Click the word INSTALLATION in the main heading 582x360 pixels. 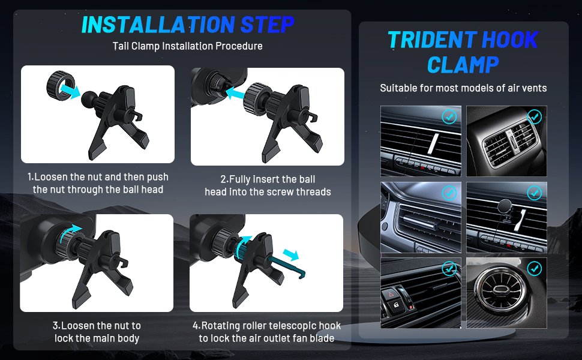click(158, 25)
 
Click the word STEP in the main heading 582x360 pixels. click(267, 25)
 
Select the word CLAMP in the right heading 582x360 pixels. click(463, 65)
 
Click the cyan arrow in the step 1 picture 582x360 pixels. click(70, 91)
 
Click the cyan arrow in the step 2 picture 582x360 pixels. click(235, 92)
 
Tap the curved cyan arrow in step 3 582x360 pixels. click(71, 232)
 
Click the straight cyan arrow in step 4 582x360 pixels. click(290, 255)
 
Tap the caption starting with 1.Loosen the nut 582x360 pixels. click(98, 184)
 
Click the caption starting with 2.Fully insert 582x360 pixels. click(268, 185)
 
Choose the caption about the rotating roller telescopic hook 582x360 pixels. click(266, 332)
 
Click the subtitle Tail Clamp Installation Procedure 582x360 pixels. click(187, 46)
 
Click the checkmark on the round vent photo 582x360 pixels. click(534, 268)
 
